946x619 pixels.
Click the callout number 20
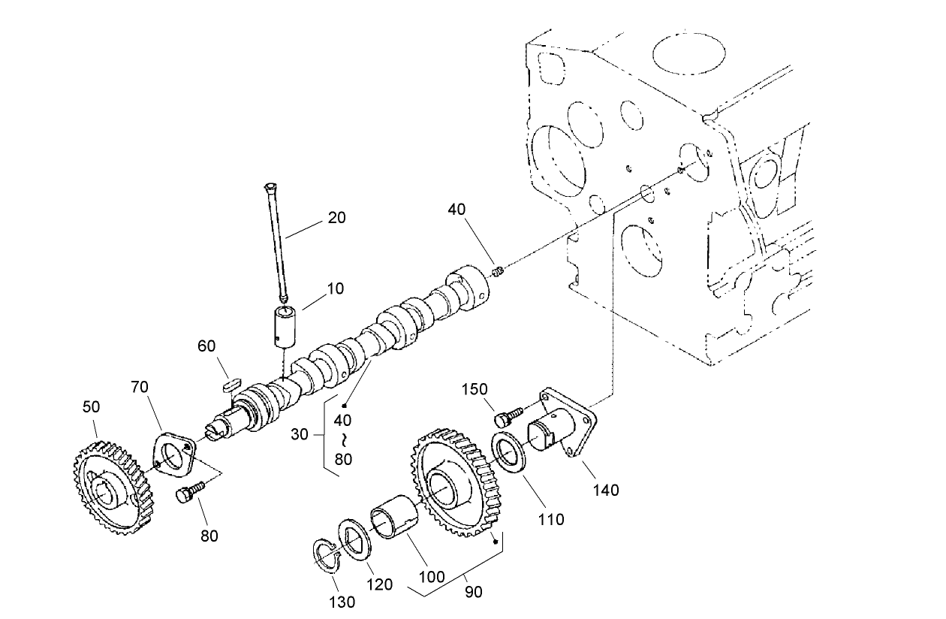pos(336,217)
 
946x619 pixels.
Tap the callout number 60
pos(206,346)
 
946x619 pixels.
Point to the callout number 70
pos(140,388)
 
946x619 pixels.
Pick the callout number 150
pos(475,389)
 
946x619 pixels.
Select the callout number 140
pos(605,490)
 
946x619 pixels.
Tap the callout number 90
pos(473,592)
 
